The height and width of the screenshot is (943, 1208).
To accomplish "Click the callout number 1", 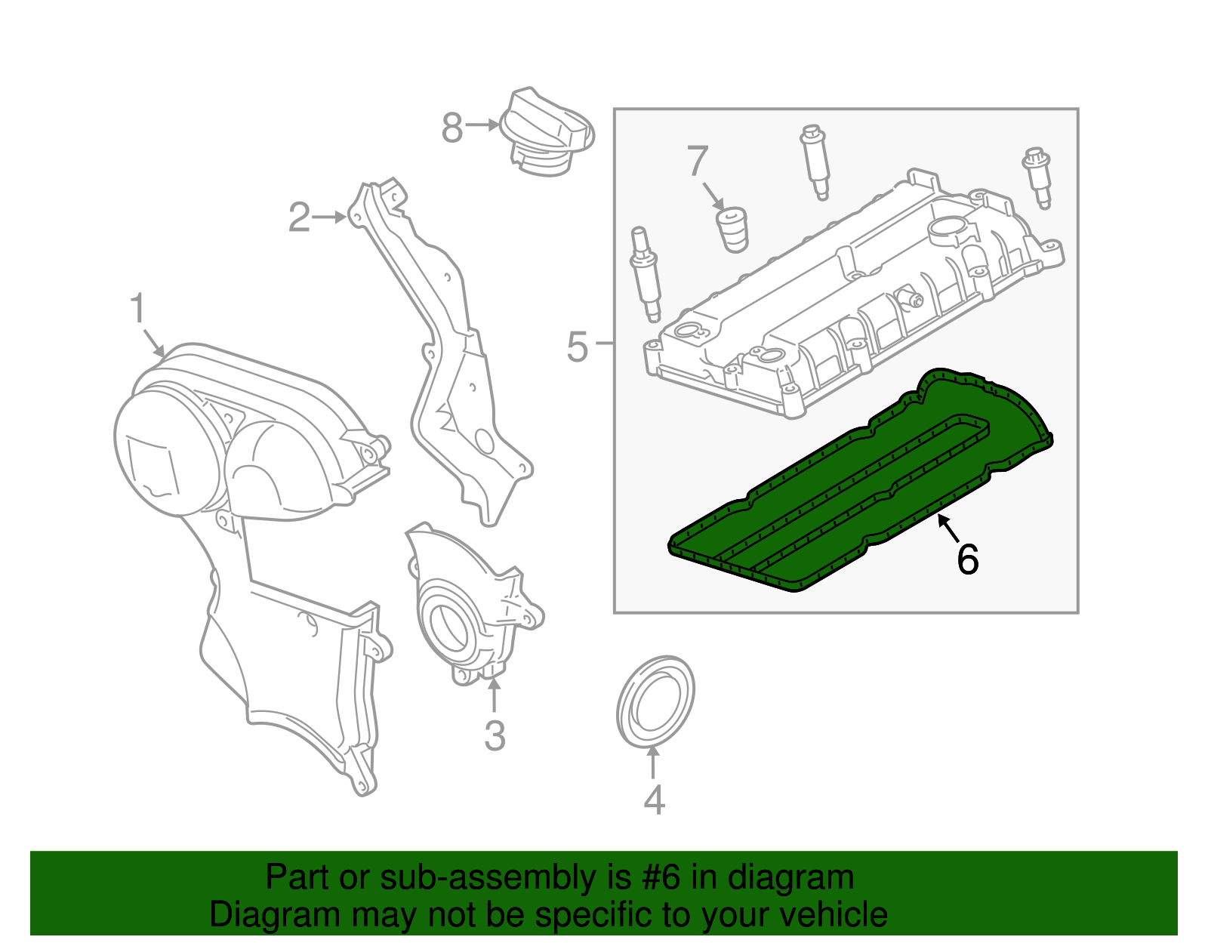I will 137,310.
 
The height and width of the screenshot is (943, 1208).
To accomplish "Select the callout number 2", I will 300,217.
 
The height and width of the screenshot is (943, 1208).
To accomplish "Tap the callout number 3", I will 494,735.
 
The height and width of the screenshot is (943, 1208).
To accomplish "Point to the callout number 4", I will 654,800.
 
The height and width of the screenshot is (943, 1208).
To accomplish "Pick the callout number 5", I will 577,347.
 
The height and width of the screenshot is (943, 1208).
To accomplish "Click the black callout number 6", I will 967,559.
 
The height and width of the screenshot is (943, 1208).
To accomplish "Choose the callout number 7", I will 697,161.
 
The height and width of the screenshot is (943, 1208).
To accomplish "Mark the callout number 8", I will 451,128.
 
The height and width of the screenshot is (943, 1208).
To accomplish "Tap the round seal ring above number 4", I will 655,702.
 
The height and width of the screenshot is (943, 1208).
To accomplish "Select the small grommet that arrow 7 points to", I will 732,230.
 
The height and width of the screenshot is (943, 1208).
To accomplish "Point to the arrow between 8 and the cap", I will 482,125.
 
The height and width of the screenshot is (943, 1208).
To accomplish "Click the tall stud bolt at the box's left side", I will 646,272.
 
